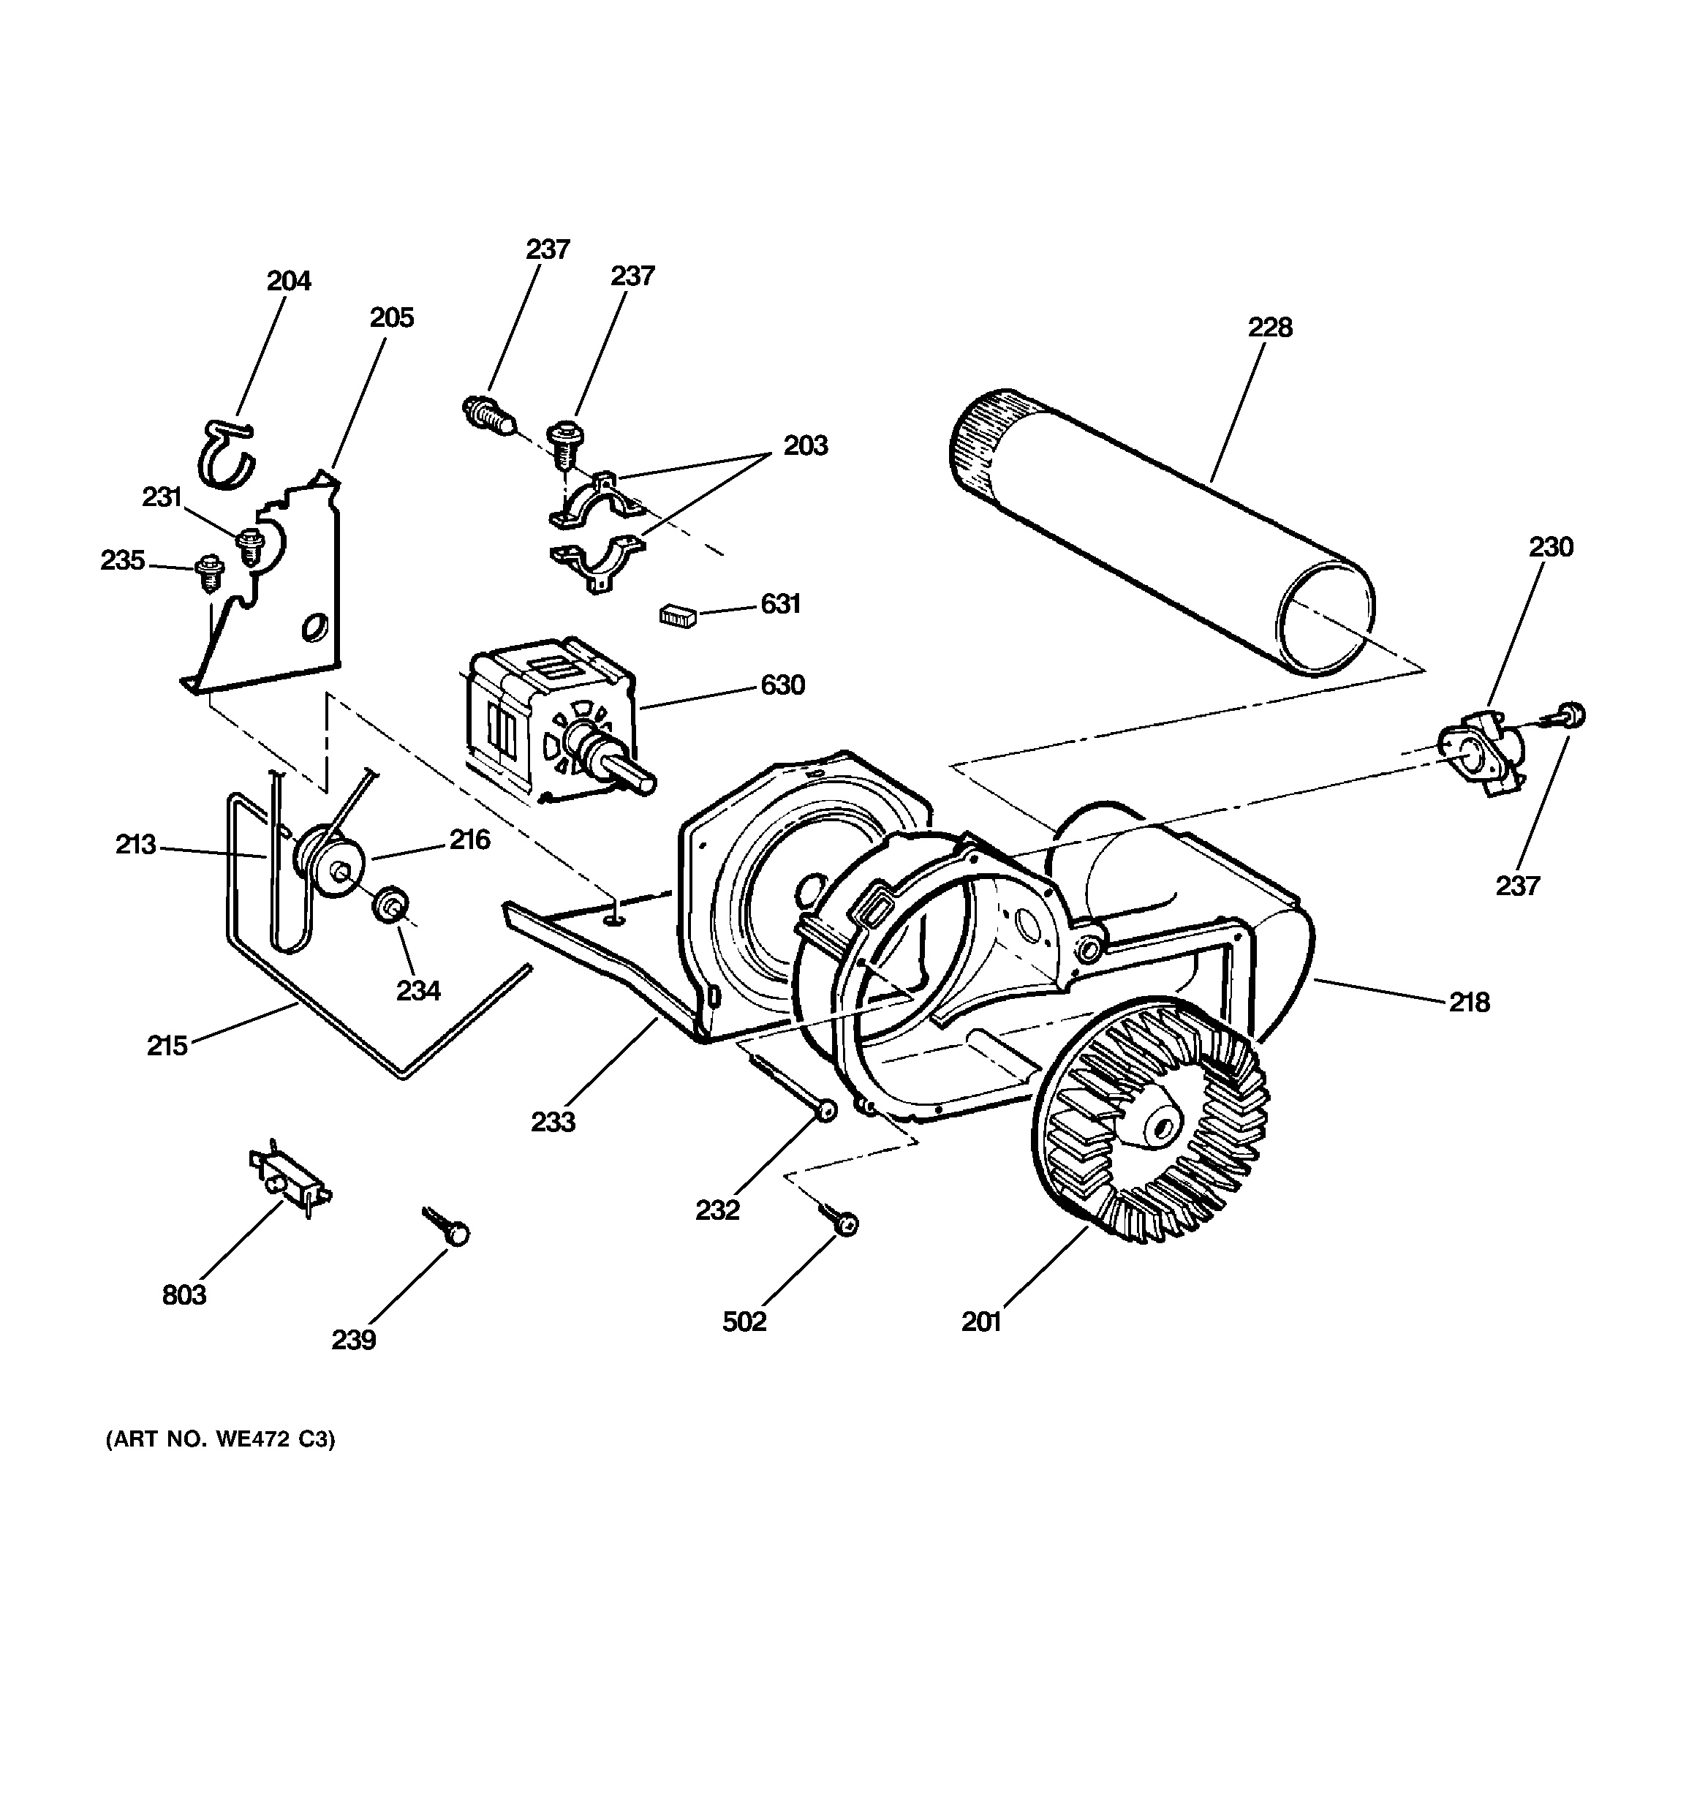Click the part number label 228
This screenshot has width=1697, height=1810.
point(1269,327)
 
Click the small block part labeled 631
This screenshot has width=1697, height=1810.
point(677,616)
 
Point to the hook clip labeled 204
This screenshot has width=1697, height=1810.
point(227,453)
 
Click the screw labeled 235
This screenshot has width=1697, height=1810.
point(209,573)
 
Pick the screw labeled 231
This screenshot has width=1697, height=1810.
point(249,547)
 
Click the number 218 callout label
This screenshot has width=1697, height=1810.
point(1468,1003)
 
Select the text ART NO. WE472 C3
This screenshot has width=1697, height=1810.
point(220,1439)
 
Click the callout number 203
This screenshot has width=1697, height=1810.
point(806,446)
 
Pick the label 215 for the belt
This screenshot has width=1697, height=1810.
point(167,1045)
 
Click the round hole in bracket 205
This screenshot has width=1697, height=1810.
point(314,627)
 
